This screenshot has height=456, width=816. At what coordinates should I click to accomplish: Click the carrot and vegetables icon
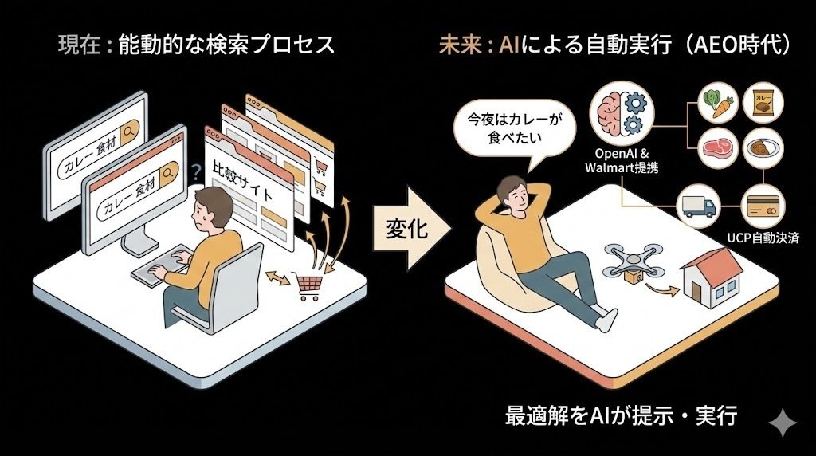click(715, 104)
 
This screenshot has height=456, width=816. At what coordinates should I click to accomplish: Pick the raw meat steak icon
click(715, 148)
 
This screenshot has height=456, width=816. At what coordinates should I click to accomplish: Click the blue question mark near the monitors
click(195, 170)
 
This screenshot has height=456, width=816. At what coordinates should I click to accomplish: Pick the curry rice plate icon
click(761, 148)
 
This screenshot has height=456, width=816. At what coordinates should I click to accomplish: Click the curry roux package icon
click(761, 104)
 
